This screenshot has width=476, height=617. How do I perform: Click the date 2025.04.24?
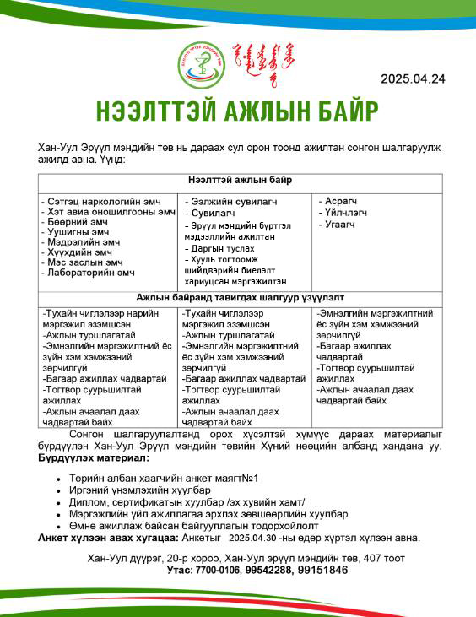[x=413, y=79]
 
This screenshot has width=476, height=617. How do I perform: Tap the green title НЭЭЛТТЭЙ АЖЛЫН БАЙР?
[x=237, y=111]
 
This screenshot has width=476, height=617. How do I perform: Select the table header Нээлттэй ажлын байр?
[x=240, y=181]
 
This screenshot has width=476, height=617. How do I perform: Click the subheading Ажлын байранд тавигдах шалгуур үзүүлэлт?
[x=241, y=298]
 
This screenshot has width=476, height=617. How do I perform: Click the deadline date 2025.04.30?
[x=253, y=537]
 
